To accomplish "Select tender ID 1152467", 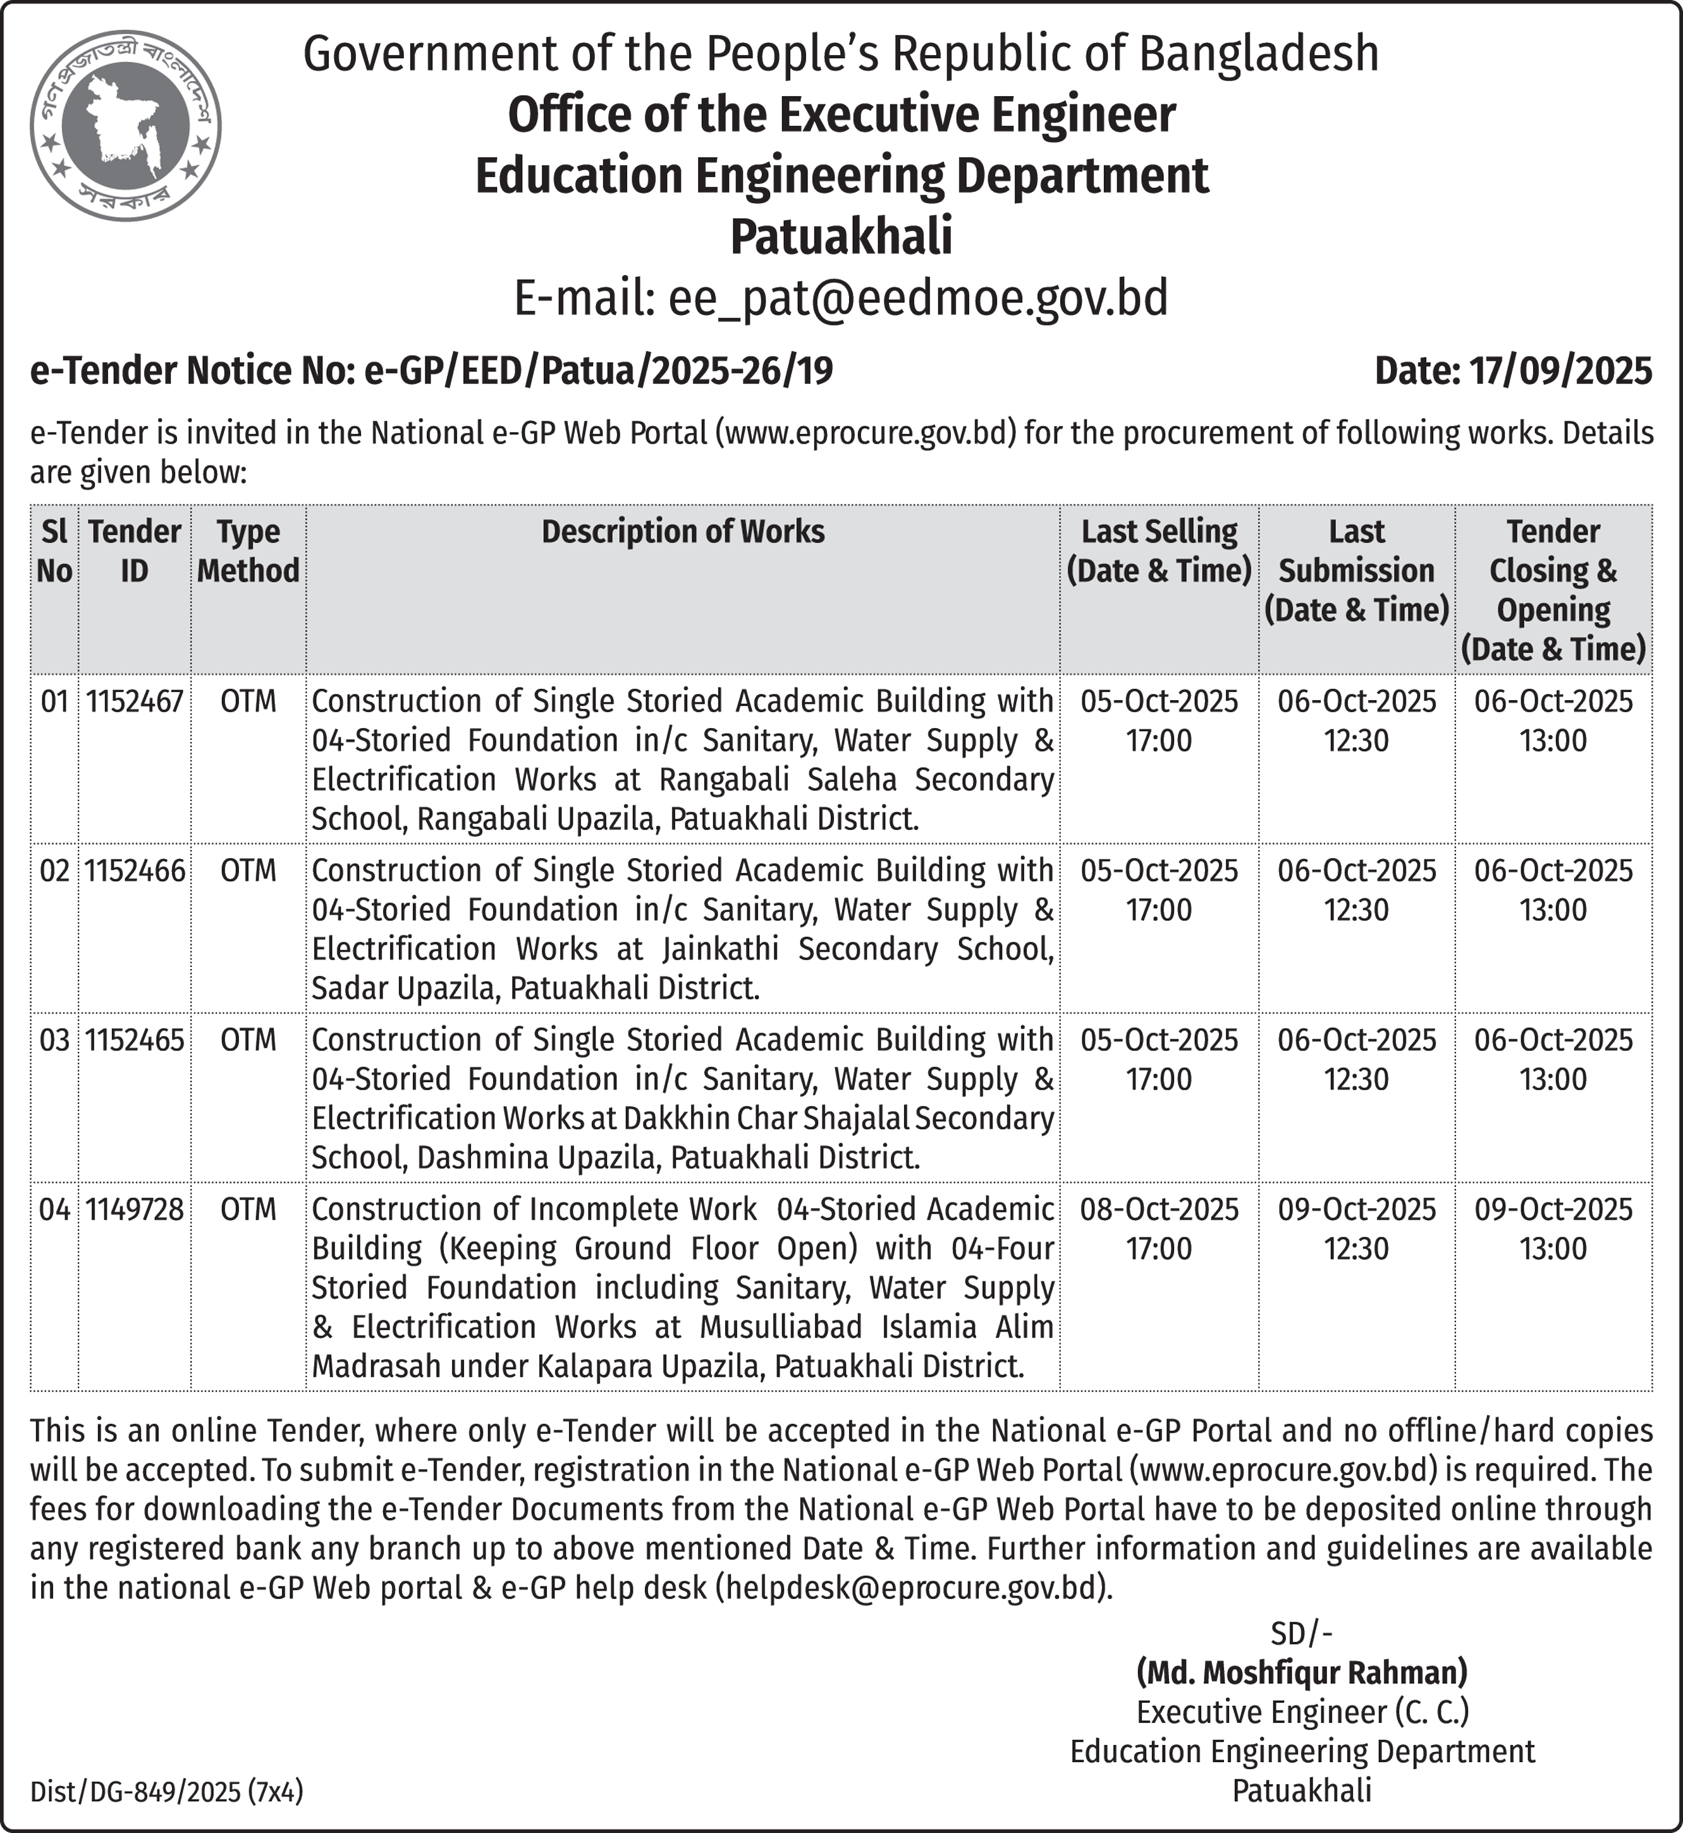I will point(135,701).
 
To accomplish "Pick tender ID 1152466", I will point(135,871).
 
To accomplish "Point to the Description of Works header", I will point(683,532).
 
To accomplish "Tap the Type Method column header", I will point(248,551).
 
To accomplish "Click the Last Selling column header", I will point(1158,551).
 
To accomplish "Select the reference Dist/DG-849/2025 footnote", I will point(167,1792).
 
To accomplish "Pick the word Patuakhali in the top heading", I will point(841,237).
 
